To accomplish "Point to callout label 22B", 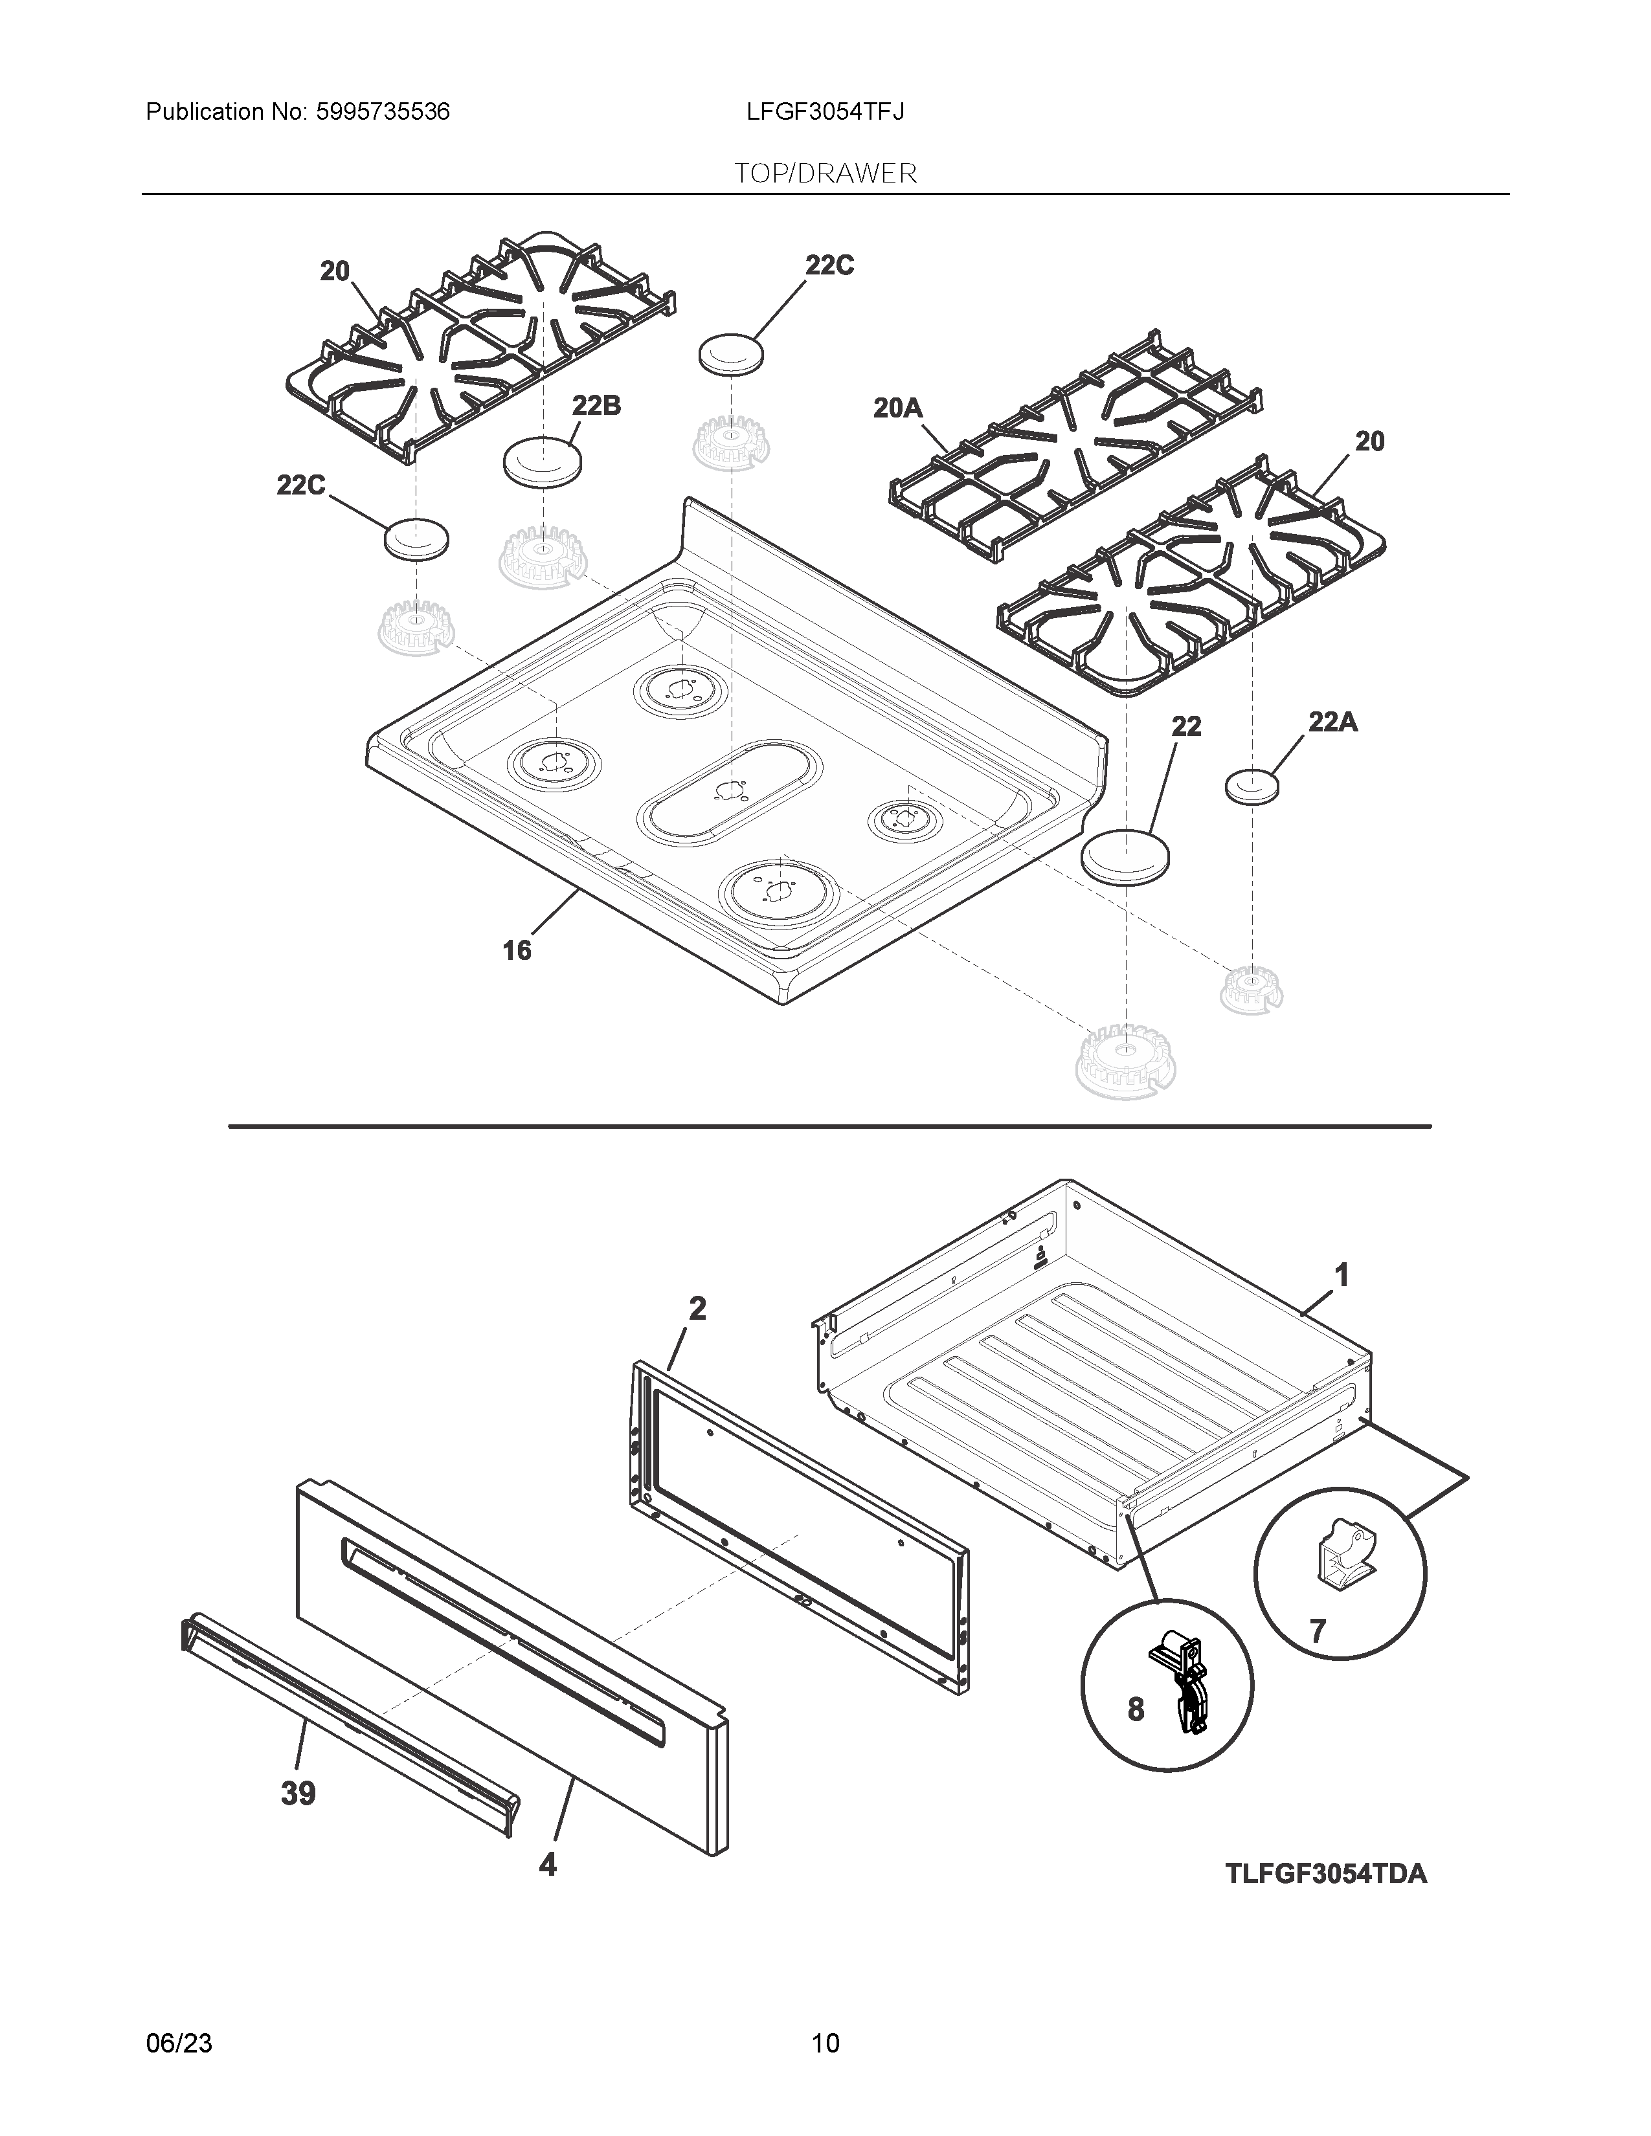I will point(596,405).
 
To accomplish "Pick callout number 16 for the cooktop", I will point(517,950).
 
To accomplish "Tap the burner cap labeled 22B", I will point(542,461).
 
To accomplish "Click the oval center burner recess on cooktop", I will point(728,790).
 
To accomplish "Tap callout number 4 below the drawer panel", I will point(548,1864).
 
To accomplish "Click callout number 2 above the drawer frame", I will point(697,1309).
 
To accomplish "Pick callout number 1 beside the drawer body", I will point(1342,1275).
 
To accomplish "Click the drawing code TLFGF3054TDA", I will point(1325,1874).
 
